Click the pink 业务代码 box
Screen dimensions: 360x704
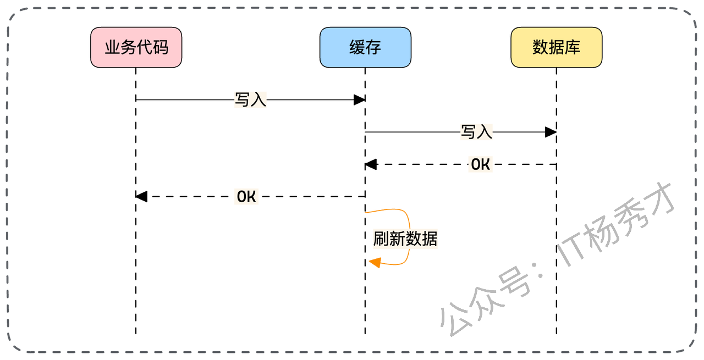[x=136, y=47]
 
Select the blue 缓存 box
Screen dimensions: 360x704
[x=365, y=47]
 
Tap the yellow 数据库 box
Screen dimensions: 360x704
[x=556, y=47]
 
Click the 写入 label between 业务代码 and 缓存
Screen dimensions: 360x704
[x=250, y=100]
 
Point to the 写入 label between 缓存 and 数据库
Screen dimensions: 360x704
[x=476, y=132]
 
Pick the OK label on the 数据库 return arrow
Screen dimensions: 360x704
[x=480, y=164]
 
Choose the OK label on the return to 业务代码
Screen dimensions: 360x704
[x=246, y=196]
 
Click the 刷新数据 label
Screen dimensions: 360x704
[x=405, y=239]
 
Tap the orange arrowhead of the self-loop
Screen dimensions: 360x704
[x=375, y=262]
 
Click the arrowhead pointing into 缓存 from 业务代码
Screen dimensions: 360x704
[x=359, y=100]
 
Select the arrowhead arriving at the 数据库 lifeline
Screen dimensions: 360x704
[x=551, y=132]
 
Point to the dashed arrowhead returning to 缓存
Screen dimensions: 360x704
[x=371, y=164]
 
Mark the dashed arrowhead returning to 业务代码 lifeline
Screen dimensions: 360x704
[x=141, y=196]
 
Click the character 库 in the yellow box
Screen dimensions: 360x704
[x=573, y=47]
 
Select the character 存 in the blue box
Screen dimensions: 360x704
[x=373, y=47]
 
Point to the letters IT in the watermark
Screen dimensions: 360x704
[x=572, y=250]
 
